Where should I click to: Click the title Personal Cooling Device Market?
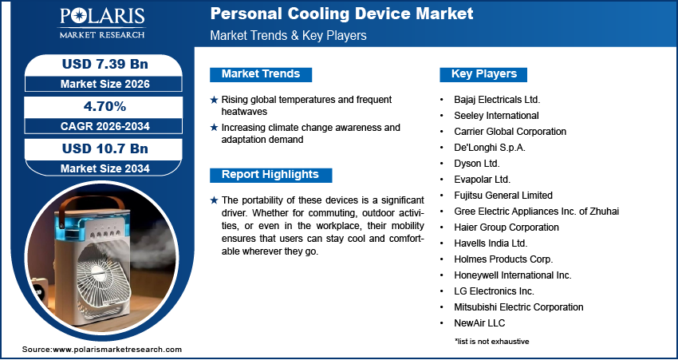point(341,14)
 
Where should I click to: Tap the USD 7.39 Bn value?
point(105,63)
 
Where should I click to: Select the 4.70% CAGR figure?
point(105,105)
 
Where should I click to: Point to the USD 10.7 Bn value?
point(105,148)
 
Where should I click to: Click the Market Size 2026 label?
point(105,83)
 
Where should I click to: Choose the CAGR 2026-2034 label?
point(105,126)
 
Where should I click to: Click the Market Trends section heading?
point(261,74)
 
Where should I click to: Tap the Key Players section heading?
point(484,74)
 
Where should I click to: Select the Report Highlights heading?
point(270,175)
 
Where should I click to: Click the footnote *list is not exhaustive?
point(491,342)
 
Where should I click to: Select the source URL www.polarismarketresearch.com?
point(117,350)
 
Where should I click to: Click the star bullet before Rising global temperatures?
point(214,100)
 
